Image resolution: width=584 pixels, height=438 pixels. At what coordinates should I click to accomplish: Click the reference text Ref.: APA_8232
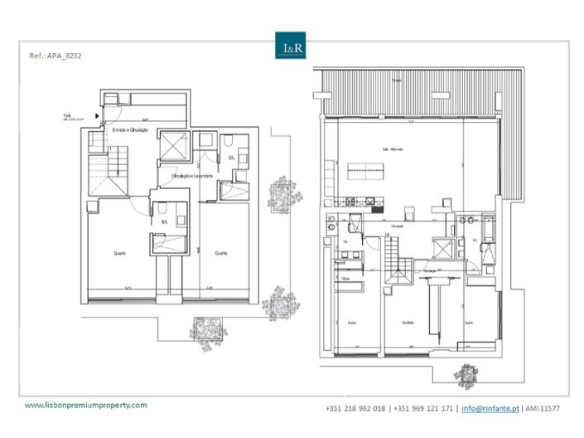coord(56,59)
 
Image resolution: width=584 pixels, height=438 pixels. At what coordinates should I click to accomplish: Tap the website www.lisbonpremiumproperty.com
coord(85,405)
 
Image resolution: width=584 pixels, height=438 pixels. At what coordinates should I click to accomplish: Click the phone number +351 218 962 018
coord(356,408)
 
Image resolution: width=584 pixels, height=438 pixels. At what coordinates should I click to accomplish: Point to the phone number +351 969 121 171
coord(424,408)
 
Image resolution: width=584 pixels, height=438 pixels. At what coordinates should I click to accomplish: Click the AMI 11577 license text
coord(542,408)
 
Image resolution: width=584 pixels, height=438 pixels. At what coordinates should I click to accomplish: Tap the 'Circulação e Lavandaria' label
coord(192,176)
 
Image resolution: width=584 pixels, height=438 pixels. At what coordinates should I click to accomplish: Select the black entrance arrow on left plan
coord(98,115)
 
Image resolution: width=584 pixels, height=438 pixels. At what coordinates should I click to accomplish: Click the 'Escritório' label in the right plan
coord(408,323)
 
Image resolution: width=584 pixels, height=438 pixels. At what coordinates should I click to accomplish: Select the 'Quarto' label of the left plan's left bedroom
coord(120,252)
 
